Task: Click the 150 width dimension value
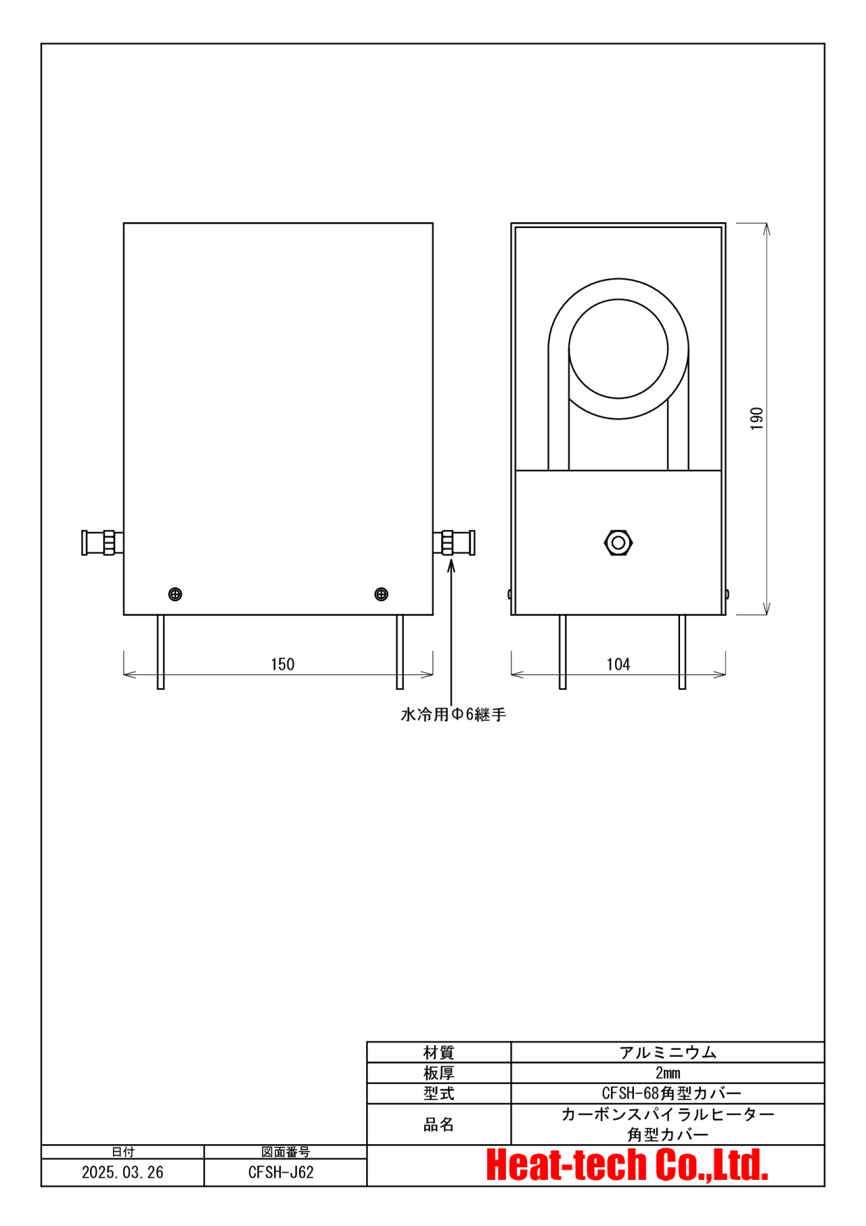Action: pos(282,664)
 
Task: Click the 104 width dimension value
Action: pos(618,664)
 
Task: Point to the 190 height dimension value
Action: pos(756,419)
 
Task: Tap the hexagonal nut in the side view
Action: pos(618,542)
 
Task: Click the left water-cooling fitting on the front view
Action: pos(103,542)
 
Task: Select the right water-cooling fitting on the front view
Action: pos(454,542)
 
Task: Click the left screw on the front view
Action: pos(175,594)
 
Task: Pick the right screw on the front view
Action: pos(381,594)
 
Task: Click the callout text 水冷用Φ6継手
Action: pos(453,714)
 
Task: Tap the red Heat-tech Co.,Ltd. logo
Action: pos(627,1165)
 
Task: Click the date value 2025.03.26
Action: pos(122,1172)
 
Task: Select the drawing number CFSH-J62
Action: pos(281,1172)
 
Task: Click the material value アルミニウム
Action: pos(667,1052)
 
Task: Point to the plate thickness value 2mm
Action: pos(667,1073)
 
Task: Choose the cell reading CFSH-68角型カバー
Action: pos(671,1093)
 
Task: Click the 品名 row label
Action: pos(439,1124)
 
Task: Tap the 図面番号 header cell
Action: pos(285,1152)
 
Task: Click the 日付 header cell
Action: pos(123,1152)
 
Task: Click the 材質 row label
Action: pos(439,1052)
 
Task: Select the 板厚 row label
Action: pos(439,1073)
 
